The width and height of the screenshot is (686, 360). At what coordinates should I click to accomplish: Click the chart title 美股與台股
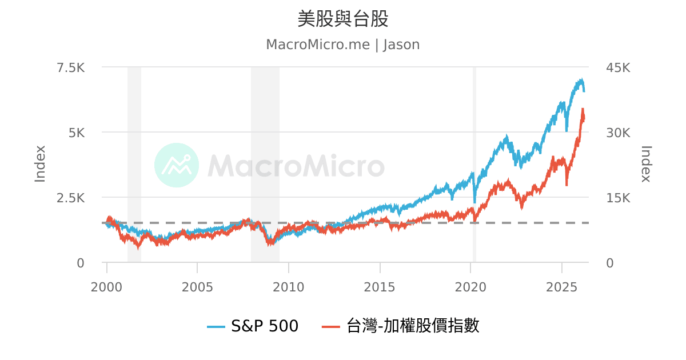point(343,19)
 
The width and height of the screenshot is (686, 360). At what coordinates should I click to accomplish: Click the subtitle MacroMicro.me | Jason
point(343,45)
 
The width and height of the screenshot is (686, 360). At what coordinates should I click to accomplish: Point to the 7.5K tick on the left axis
point(70,67)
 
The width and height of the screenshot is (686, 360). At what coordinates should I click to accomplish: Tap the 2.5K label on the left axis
point(70,198)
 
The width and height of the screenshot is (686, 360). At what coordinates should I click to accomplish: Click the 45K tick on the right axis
point(617,67)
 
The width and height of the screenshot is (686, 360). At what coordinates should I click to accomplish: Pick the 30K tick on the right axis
point(617,133)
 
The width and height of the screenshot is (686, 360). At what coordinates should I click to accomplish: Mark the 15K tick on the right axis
point(617,198)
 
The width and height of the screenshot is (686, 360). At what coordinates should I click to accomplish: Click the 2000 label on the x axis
point(106,286)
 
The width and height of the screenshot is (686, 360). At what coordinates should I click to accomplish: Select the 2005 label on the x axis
point(197,286)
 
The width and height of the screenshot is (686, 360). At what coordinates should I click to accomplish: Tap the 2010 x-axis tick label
point(289,286)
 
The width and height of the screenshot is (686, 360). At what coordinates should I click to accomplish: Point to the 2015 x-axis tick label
point(380,286)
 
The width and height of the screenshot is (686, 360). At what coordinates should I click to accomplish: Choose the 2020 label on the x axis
point(470,286)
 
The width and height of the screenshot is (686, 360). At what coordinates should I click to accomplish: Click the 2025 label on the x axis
point(562,286)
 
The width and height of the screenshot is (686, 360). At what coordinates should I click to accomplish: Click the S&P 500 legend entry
point(253,326)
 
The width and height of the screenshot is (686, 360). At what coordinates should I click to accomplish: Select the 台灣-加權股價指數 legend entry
point(400,326)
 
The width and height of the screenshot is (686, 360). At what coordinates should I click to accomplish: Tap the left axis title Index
point(40,164)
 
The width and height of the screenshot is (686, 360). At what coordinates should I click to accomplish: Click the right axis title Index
point(645,164)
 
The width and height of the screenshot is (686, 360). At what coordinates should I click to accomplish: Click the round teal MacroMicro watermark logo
point(177,165)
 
